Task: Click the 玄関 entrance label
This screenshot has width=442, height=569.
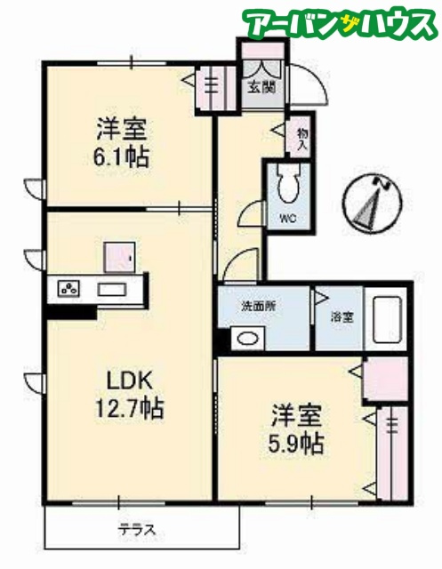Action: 261,87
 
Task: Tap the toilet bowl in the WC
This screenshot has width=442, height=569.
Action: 289,184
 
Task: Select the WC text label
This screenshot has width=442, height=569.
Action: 288,219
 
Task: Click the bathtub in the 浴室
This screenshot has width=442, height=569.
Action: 387,319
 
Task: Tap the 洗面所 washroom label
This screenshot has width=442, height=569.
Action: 259,306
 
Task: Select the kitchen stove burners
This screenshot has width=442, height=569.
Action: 68,288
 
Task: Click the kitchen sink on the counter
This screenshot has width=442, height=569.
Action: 112,289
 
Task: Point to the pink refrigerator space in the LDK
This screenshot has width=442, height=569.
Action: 119,257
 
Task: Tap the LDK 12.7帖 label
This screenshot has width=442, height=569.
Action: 129,395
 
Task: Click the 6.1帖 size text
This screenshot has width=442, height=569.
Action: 122,158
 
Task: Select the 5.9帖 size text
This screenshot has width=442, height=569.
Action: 296,444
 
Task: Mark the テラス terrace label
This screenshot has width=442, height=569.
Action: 137,531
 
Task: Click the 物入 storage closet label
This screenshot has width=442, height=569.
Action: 302,139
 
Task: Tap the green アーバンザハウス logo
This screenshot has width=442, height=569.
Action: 340,23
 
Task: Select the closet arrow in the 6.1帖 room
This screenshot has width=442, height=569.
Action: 189,80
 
